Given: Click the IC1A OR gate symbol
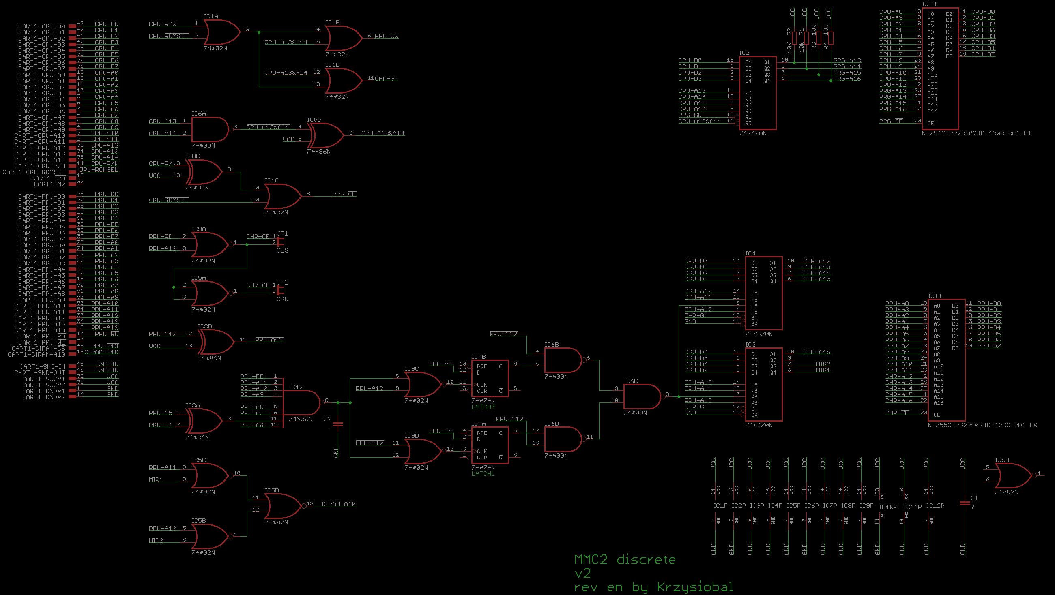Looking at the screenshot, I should tap(221, 32).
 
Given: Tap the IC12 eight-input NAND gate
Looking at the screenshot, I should tap(301, 402).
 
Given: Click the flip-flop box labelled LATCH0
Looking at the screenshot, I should tap(490, 378).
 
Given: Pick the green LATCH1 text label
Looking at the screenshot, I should tap(483, 474).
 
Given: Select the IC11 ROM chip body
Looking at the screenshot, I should tap(946, 360).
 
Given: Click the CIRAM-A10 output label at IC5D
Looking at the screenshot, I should tap(339, 504).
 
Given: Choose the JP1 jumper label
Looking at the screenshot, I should tap(283, 233).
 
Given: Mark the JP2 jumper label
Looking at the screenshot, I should tap(283, 283).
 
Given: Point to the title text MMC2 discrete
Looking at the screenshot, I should tap(625, 559).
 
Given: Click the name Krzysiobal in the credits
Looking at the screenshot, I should tap(694, 587).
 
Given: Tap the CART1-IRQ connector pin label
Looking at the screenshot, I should tap(48, 178).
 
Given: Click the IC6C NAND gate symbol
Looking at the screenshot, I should tap(641, 396).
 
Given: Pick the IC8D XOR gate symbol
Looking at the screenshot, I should tap(216, 342).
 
